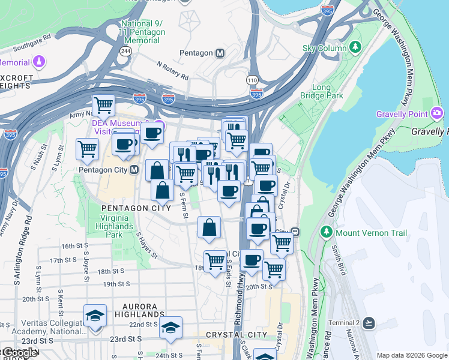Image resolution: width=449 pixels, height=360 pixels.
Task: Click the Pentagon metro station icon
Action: (x=220, y=53)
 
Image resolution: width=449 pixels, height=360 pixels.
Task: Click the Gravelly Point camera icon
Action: (x=437, y=113)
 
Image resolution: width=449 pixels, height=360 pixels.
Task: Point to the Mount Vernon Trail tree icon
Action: (x=327, y=232)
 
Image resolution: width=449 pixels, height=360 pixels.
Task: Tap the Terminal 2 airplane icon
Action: (x=369, y=323)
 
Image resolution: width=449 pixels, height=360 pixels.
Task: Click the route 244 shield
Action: (x=125, y=51)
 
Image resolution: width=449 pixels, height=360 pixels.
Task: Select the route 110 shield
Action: (x=253, y=79)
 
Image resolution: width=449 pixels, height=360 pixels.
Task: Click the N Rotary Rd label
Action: (x=172, y=70)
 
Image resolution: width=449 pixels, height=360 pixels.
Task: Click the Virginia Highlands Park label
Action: (x=115, y=223)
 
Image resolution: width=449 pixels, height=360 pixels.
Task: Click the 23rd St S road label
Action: (x=125, y=338)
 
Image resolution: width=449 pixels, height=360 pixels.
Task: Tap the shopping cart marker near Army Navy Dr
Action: (x=103, y=106)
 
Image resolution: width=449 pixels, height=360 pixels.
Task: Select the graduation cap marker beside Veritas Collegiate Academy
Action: (x=95, y=315)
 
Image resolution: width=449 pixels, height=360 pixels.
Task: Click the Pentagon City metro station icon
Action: (x=134, y=170)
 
